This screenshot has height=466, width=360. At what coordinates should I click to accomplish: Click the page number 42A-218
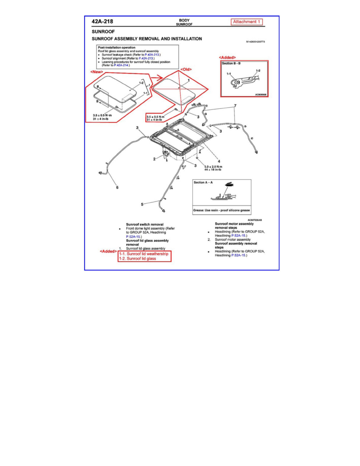coord(103,22)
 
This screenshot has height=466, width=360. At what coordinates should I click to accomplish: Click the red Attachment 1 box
coord(246,22)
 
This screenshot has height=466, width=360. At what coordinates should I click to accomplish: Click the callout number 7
coord(235,106)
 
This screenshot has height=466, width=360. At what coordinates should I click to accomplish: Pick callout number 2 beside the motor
coord(155,159)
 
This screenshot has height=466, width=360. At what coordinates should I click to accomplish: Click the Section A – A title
coord(204,182)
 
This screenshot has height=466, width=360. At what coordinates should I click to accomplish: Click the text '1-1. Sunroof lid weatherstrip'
coord(145,254)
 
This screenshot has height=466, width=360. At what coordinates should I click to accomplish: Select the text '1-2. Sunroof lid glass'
coord(137,259)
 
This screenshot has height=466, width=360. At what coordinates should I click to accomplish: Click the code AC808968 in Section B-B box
coord(260,95)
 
